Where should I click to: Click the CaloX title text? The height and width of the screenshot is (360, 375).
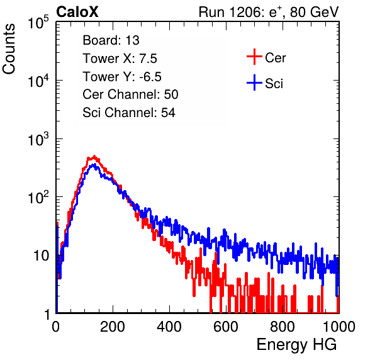77,12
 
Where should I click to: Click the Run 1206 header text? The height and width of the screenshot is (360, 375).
269,12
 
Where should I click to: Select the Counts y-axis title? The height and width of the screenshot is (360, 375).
9,49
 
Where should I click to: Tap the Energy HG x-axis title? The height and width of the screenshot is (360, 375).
296,345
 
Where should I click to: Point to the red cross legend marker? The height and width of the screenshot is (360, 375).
254,57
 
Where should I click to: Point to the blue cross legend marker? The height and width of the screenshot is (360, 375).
254,82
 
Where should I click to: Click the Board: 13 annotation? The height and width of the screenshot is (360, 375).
111,40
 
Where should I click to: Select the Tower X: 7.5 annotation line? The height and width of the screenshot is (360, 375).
120,59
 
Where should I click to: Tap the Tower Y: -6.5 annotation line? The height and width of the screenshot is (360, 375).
122,77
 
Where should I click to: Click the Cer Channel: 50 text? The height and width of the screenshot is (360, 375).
130,94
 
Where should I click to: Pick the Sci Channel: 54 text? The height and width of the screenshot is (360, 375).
129,113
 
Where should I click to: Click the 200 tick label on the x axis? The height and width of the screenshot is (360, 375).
113,327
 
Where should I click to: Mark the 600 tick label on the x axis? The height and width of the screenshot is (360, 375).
226,327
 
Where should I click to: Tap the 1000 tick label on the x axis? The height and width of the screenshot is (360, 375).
339,327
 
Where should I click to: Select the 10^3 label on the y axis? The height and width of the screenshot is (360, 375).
38,139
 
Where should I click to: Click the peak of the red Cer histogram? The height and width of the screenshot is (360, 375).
94,156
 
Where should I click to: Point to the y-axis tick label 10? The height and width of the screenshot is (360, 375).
42,256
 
